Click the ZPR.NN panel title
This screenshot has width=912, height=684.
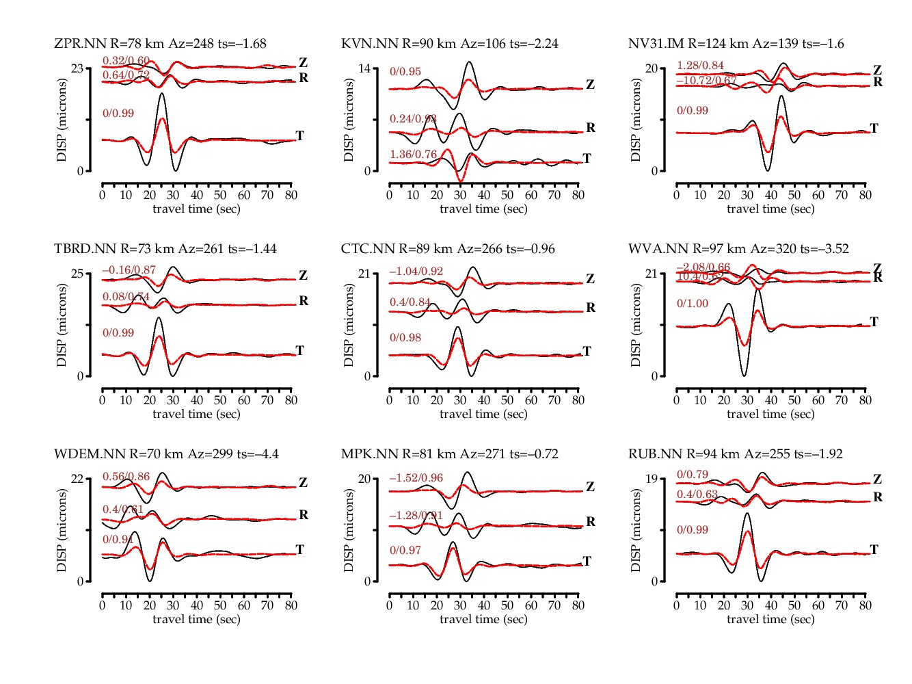[160, 44]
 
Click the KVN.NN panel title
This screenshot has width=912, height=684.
[449, 44]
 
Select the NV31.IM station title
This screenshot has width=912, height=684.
[736, 44]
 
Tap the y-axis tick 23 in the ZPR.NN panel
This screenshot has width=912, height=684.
[77, 68]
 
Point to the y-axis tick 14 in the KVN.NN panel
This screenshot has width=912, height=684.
[364, 68]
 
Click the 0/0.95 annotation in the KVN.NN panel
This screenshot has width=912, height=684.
[405, 72]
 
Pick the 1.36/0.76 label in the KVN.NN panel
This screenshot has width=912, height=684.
[413, 155]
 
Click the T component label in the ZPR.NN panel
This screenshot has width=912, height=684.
[299, 135]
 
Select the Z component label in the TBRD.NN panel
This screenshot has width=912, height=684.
[303, 276]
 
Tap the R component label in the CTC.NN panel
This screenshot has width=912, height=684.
[591, 308]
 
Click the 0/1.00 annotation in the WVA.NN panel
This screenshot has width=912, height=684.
[693, 304]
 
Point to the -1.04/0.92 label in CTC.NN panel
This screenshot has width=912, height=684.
[416, 272]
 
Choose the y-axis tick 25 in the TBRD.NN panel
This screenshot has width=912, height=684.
[77, 274]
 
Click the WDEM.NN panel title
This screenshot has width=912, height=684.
[166, 454]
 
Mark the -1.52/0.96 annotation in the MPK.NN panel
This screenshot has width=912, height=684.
[416, 478]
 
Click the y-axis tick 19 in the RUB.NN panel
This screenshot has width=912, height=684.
[652, 479]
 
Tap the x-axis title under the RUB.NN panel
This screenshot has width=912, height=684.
[770, 619]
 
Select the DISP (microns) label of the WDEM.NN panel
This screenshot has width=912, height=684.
[62, 530]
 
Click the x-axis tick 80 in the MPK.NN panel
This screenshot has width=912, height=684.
[578, 605]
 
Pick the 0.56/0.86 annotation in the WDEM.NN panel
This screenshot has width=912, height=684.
[126, 477]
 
